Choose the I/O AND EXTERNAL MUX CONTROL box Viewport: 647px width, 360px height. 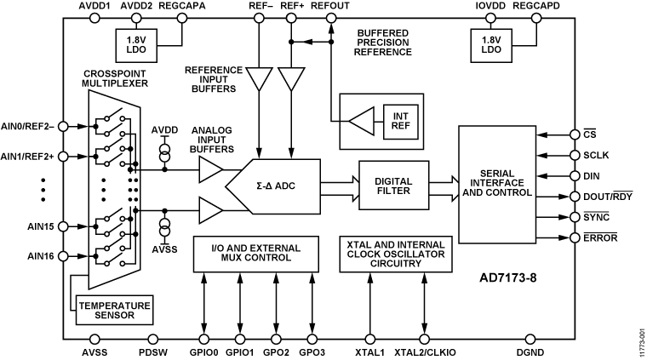258,254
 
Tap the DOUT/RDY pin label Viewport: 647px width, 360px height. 604,197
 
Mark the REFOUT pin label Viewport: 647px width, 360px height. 329,6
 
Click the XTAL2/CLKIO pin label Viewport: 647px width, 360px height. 427,350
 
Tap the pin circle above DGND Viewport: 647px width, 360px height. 530,338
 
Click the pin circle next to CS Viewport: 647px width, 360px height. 570,134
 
